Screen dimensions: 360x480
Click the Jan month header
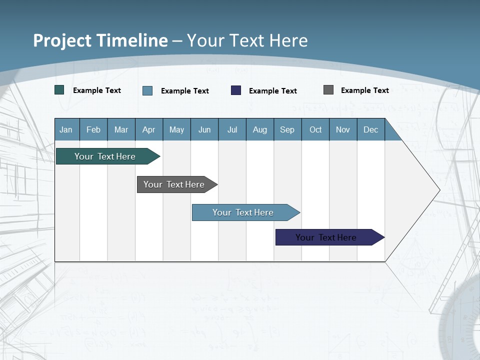(66, 129)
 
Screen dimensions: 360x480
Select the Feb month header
(93, 129)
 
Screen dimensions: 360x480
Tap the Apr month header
(149, 129)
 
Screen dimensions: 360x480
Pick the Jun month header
(204, 129)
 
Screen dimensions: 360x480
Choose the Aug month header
(260, 129)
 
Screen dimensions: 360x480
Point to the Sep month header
(287, 129)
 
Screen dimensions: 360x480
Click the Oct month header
(315, 129)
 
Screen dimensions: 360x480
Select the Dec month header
(371, 129)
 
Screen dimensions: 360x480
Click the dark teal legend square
(59, 90)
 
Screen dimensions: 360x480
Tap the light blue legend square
(147, 90)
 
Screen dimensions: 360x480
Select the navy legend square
(236, 90)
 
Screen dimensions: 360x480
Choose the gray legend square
(328, 90)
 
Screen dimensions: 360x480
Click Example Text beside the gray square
(365, 90)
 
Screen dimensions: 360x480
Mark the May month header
(176, 129)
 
